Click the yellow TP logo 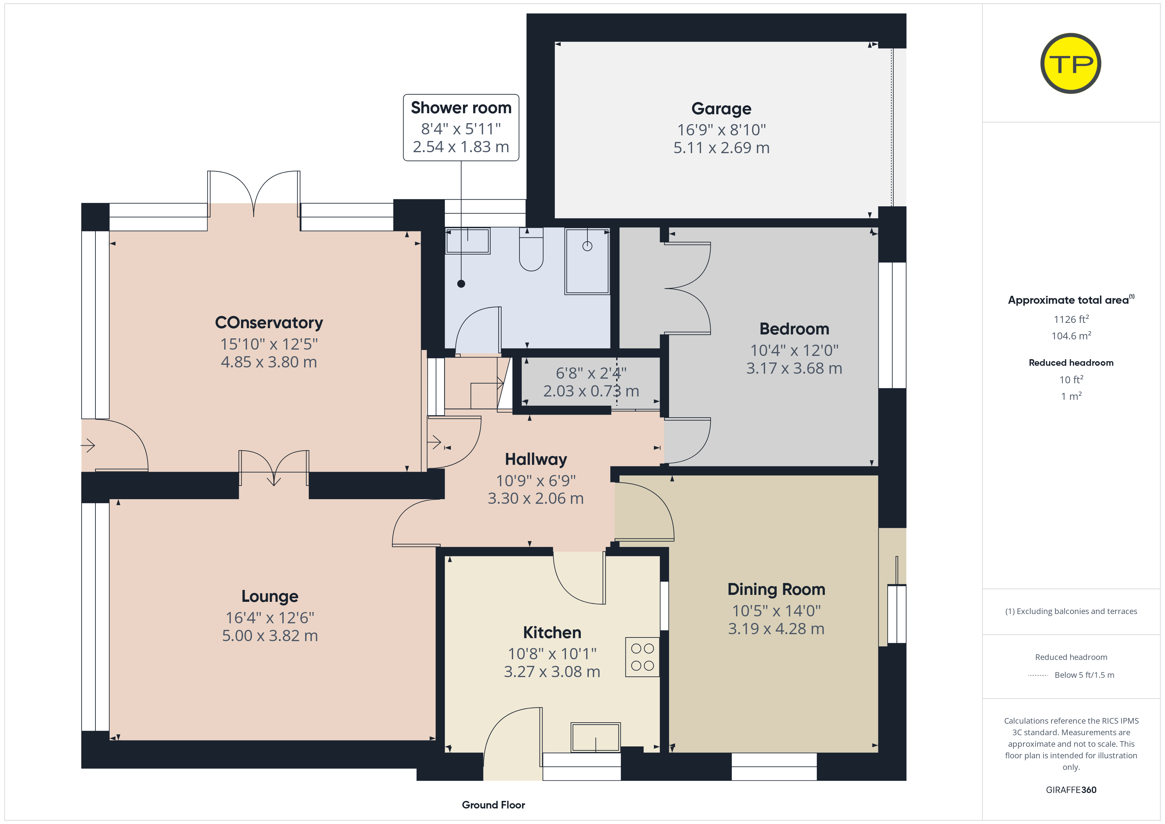[1071, 63]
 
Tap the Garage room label [721, 109]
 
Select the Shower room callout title [461, 108]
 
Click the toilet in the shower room [531, 249]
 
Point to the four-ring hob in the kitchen [642, 657]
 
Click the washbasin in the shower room [467, 241]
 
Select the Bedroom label [794, 329]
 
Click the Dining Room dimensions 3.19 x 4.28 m [776, 629]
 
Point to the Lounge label [269, 597]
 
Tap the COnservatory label [269, 323]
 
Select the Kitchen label [552, 633]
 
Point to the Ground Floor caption [493, 805]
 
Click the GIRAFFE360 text [1071, 790]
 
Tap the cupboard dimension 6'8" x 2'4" [591, 373]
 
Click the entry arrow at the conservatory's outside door [88, 445]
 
